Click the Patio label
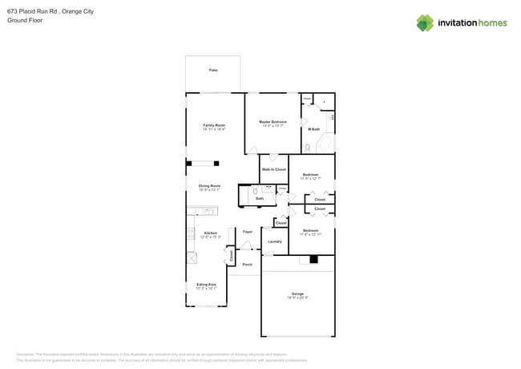pyautogui.click(x=213, y=71)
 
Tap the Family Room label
pyautogui.click(x=214, y=125)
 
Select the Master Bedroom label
pyautogui.click(x=273, y=122)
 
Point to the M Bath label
pyautogui.click(x=313, y=129)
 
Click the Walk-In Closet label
pyautogui.click(x=273, y=169)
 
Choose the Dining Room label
pyautogui.click(x=209, y=186)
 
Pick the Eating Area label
pyautogui.click(x=206, y=284)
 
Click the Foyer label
pyautogui.click(x=248, y=231)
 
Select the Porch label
pyautogui.click(x=247, y=264)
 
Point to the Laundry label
pyautogui.click(x=274, y=241)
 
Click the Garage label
pyautogui.click(x=297, y=294)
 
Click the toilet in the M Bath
pyautogui.click(x=307, y=148)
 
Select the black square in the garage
pyautogui.click(x=314, y=259)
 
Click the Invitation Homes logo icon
pyautogui.click(x=424, y=23)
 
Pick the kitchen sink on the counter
pyautogui.click(x=208, y=211)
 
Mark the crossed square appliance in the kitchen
pyautogui.click(x=192, y=257)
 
